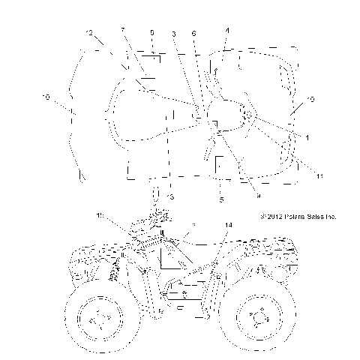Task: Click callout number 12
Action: [90, 33]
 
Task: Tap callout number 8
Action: [152, 33]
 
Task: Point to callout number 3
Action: [174, 34]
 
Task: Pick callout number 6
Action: [195, 34]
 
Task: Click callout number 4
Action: [227, 30]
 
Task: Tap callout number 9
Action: [236, 196]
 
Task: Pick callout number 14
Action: [228, 224]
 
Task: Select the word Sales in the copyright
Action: [318, 216]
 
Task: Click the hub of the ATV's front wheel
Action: [97, 320]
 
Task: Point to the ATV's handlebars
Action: [159, 217]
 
